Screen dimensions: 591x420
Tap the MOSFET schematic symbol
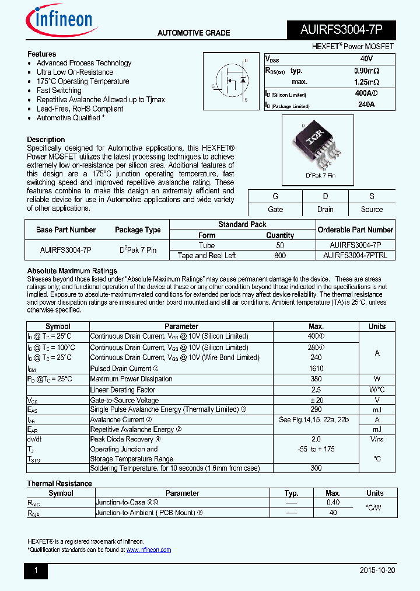[230, 79]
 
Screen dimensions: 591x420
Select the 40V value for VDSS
[366, 59]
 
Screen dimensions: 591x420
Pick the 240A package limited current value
[366, 105]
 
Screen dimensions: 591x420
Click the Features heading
[41, 54]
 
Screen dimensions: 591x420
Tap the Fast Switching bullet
[59, 91]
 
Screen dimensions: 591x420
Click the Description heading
[46, 140]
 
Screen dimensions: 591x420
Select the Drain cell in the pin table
[325, 209]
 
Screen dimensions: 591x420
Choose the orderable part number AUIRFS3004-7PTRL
[355, 255]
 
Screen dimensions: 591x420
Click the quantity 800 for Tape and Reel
[280, 255]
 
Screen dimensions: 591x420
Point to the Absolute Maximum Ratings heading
[72, 271]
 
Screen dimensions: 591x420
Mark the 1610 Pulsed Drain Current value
[316, 368]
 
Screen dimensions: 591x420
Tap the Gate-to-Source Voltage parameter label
[124, 400]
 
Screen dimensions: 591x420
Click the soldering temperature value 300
[316, 468]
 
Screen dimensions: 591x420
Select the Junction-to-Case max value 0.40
[333, 502]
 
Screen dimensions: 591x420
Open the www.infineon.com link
[149, 550]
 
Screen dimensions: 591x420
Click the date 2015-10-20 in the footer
[377, 571]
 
